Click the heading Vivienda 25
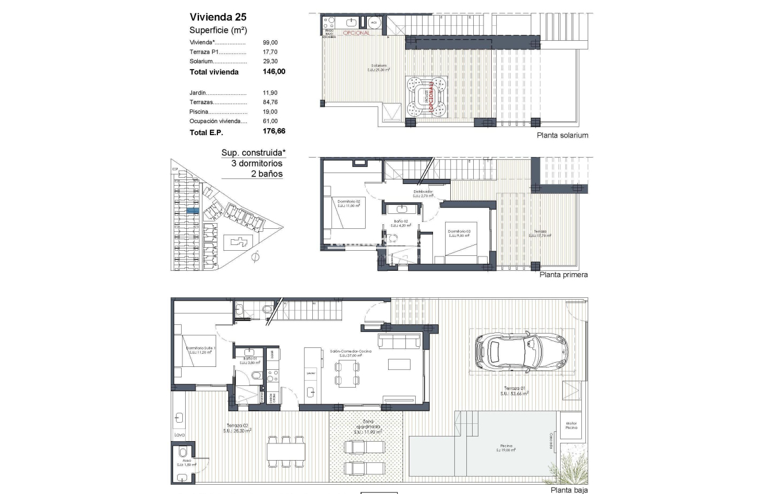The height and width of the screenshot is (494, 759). coord(219,17)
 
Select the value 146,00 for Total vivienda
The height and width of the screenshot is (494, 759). coord(274,72)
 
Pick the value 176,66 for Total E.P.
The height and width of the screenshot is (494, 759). coord(274,132)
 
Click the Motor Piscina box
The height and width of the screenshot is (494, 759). coord(572,425)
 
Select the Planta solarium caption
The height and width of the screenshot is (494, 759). coord(562,136)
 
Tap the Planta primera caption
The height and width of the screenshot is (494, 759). coord(563,275)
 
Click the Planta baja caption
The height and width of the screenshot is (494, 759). coord(569,490)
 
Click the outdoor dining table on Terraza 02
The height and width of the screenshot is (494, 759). coord(285,452)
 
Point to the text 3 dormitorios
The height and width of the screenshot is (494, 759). coord(256,163)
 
